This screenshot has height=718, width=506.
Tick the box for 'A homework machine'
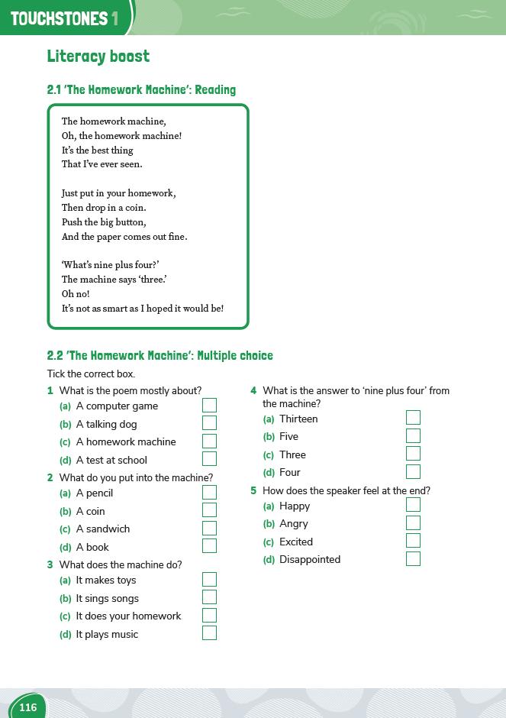pyautogui.click(x=209, y=441)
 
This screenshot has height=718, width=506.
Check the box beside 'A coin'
pyautogui.click(x=209, y=510)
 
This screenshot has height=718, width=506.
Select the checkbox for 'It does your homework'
pyautogui.click(x=209, y=615)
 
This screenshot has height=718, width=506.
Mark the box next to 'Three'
pyautogui.click(x=413, y=454)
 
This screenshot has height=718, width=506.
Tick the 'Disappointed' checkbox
pyautogui.click(x=413, y=558)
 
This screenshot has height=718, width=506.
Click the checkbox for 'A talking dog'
pyautogui.click(x=209, y=423)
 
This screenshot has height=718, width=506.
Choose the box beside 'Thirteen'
pyautogui.click(x=413, y=418)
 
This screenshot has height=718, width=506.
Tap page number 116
pyautogui.click(x=28, y=707)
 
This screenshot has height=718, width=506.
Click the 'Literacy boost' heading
pyautogui.click(x=98, y=57)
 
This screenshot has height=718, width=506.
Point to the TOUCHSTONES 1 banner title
pyautogui.click(x=65, y=18)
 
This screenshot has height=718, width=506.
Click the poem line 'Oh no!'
pyautogui.click(x=76, y=294)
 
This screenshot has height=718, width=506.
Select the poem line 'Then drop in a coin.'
pyautogui.click(x=104, y=208)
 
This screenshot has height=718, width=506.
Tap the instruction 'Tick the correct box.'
pyautogui.click(x=91, y=374)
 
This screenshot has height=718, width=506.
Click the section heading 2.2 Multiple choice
pyautogui.click(x=160, y=356)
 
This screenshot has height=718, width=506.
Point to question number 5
pyautogui.click(x=253, y=491)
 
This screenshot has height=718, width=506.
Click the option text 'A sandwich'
pyautogui.click(x=103, y=529)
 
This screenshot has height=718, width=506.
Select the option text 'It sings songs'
pyautogui.click(x=107, y=598)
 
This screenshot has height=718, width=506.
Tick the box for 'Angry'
pyautogui.click(x=413, y=523)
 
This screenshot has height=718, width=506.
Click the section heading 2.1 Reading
pyautogui.click(x=141, y=90)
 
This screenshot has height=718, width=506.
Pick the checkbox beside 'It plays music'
pyautogui.click(x=209, y=633)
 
